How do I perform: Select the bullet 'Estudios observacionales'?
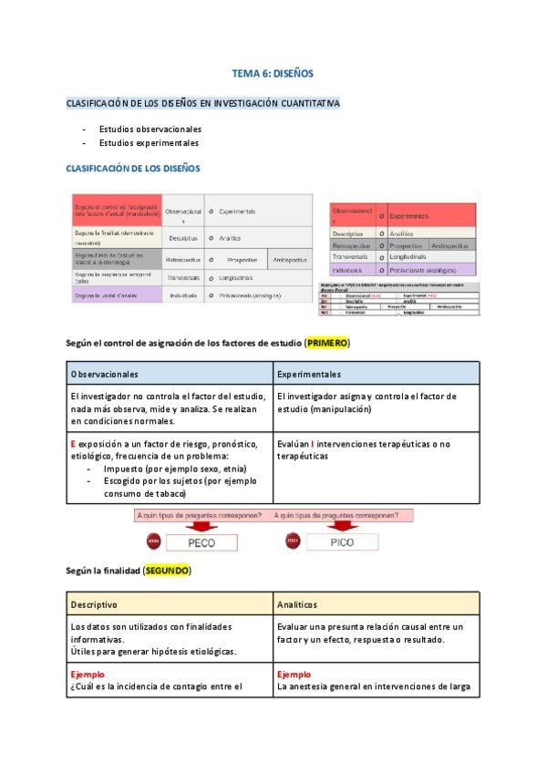pos(150,129)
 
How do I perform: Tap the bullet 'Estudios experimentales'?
pos(149,143)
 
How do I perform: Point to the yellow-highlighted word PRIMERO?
pos(327,343)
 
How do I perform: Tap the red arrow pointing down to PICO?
pos(341,526)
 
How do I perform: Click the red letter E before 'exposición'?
pos(73,444)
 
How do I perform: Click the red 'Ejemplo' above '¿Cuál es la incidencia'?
pos(88,675)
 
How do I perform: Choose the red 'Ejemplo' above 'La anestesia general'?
pos(294,675)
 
